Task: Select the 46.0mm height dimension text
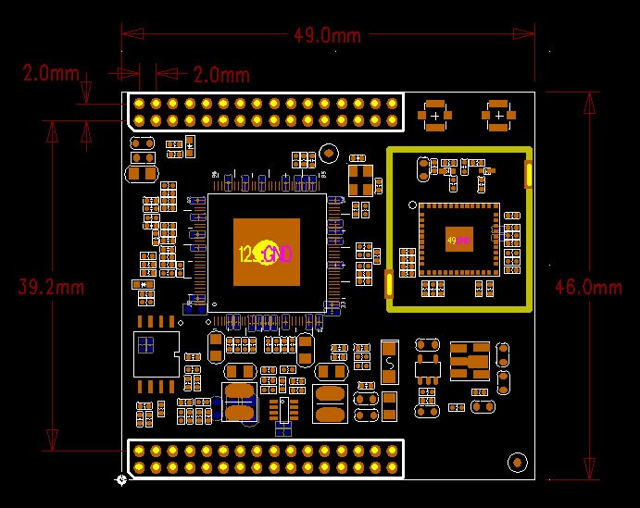pos(588,287)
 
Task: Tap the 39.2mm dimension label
pos(52,287)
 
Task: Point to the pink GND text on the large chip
pos(278,254)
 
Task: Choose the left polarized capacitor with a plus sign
pos(434,114)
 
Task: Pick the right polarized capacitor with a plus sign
pos(498,114)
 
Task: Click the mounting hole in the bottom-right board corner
pos(517,461)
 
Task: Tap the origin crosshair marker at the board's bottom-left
pos(121,479)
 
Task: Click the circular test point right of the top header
pos(328,154)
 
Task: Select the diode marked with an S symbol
pos(390,361)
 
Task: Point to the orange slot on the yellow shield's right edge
pos(528,174)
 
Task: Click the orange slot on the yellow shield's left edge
pos(388,283)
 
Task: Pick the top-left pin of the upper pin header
pos(139,103)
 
